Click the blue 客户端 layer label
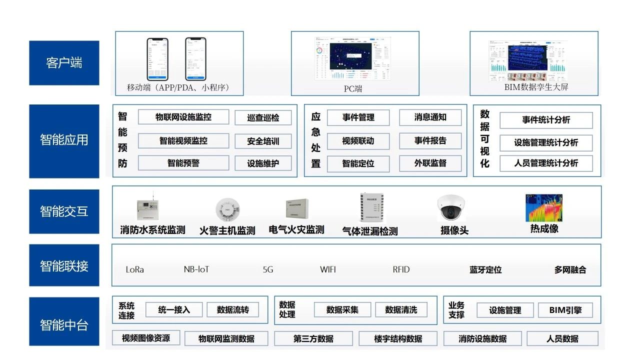(x=64, y=63)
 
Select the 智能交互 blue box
(x=64, y=211)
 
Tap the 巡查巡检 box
(x=263, y=118)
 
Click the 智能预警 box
(x=183, y=163)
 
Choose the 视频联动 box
(x=358, y=141)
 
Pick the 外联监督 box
(x=430, y=163)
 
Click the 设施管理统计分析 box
(x=546, y=142)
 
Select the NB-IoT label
(x=196, y=269)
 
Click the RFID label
(x=401, y=269)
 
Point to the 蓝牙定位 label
(x=485, y=269)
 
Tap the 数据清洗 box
(x=401, y=310)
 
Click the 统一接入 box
(x=174, y=310)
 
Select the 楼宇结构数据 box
(x=398, y=338)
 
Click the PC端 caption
(x=353, y=88)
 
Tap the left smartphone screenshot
(x=157, y=59)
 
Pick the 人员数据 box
(x=562, y=338)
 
